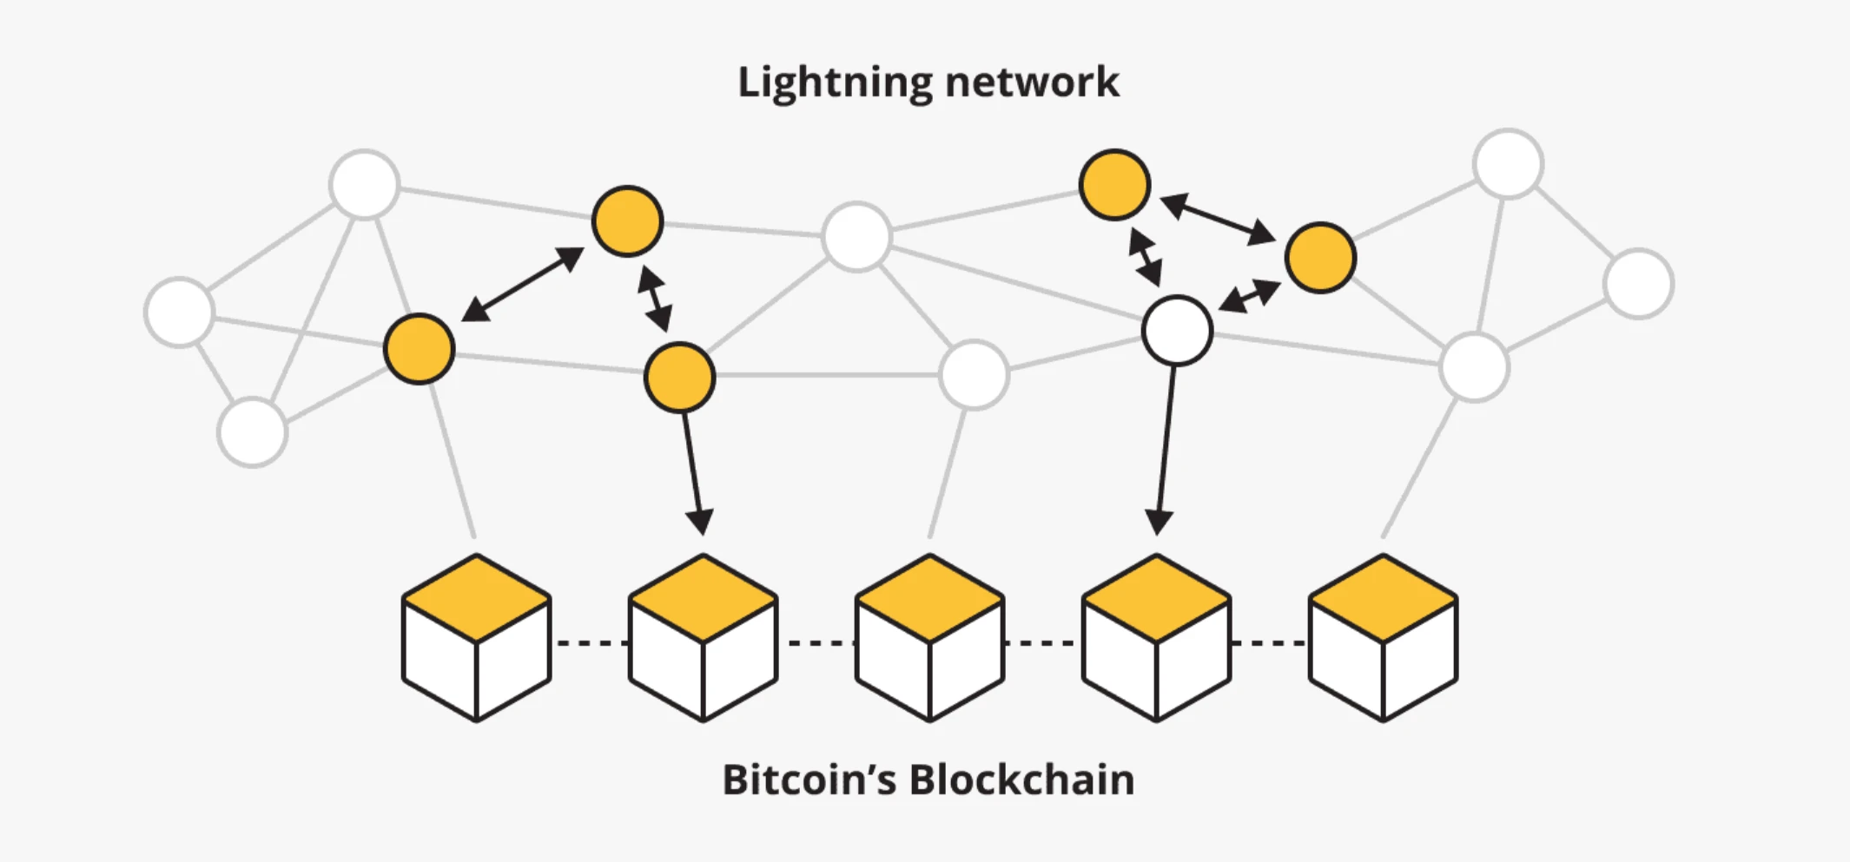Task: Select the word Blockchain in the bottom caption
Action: click(1021, 780)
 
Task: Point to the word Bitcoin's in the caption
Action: click(809, 780)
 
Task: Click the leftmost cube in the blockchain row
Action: click(477, 638)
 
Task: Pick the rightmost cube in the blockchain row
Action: click(1383, 638)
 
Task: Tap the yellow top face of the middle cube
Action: click(929, 598)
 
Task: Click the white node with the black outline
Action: click(1177, 331)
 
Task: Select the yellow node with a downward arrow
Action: click(679, 378)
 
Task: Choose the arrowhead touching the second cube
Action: click(700, 522)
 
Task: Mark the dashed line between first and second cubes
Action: click(591, 643)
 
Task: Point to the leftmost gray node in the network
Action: click(180, 313)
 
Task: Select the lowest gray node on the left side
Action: click(252, 432)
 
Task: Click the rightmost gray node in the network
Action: click(1638, 284)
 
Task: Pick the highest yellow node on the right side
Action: click(1114, 185)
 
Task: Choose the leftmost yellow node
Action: click(419, 349)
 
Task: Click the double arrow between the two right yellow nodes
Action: click(1217, 219)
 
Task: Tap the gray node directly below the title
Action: click(856, 237)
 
